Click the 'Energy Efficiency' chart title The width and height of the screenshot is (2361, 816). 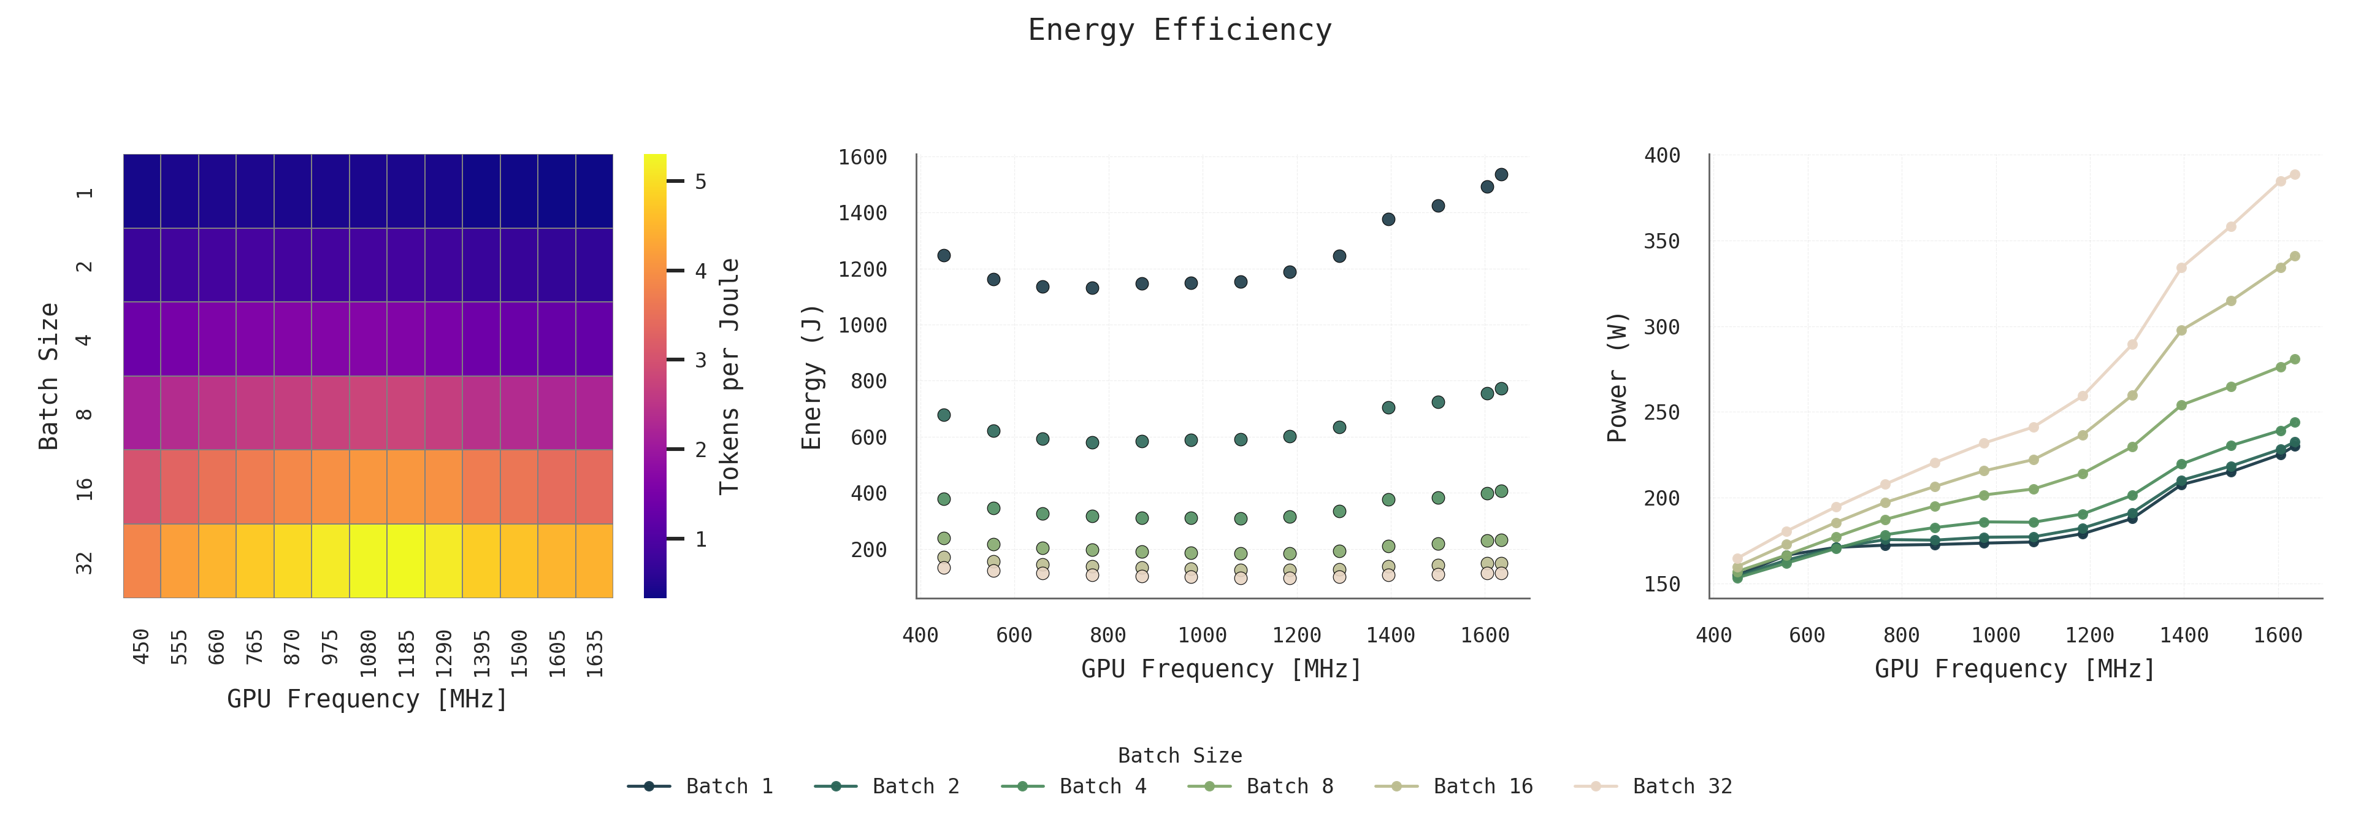click(1180, 30)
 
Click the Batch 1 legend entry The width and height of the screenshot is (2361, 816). click(729, 786)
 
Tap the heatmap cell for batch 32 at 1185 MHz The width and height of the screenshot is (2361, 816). click(405, 560)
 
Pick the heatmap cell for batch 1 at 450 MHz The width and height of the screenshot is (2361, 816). click(142, 191)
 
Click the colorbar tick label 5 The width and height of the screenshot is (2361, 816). click(700, 182)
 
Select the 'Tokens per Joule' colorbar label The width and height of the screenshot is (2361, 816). click(729, 376)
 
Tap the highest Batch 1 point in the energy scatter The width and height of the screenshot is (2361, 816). click(1501, 174)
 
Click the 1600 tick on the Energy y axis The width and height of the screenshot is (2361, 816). click(862, 158)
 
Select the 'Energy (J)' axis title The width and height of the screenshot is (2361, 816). click(811, 376)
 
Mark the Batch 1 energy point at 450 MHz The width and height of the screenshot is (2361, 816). click(944, 255)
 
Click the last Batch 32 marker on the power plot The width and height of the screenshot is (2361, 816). click(2294, 174)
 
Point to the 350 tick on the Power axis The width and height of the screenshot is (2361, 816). click(1662, 241)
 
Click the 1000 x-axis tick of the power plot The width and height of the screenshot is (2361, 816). click(1996, 636)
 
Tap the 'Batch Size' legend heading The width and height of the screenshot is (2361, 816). click(1180, 755)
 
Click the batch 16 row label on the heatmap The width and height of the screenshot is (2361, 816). click(85, 488)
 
